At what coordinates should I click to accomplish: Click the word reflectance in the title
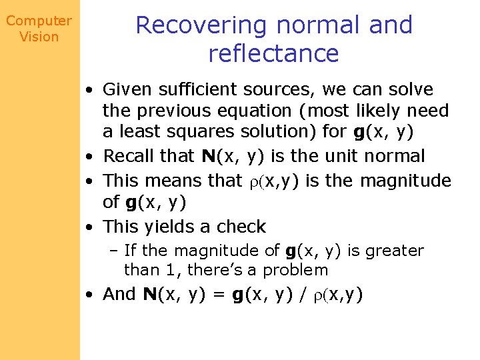click(273, 53)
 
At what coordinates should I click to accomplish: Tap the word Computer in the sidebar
click(39, 21)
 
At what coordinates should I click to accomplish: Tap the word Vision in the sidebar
click(39, 37)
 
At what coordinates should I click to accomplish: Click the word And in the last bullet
click(120, 294)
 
